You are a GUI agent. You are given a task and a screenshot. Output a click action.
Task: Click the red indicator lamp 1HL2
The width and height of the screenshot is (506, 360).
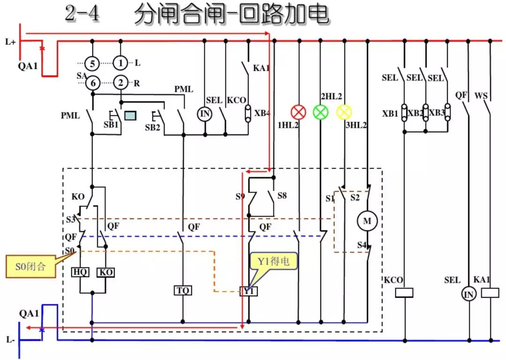[298, 112]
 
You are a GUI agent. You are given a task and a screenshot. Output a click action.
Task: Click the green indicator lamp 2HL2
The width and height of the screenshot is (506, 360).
[320, 112]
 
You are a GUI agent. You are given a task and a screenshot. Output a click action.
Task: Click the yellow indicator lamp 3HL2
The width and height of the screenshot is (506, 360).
[344, 112]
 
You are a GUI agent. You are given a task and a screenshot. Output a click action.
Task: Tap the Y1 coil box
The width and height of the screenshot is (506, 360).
[248, 291]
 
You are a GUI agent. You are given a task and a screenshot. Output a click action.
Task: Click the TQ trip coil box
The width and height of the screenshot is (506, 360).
[183, 291]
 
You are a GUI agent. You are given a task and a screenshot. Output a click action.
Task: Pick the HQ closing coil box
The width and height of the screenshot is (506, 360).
[80, 272]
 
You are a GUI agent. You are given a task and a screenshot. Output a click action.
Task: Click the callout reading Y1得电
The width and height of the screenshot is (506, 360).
[274, 261]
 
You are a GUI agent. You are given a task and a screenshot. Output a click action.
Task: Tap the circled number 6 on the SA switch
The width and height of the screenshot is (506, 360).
[93, 83]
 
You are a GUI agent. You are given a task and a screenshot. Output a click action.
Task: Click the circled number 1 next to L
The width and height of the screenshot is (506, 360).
[121, 63]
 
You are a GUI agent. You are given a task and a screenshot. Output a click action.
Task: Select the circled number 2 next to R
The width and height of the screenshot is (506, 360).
[121, 83]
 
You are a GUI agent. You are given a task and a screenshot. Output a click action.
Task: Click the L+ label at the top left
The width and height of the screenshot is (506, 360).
[10, 42]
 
